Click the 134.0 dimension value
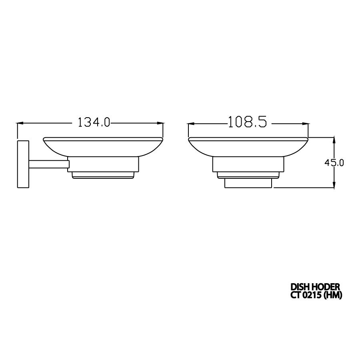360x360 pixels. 94,122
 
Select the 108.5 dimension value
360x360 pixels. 248,122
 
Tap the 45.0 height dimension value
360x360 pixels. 334,163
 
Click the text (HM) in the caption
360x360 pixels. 333,295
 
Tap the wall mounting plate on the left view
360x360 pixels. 23,164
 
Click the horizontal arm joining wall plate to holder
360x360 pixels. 49,164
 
